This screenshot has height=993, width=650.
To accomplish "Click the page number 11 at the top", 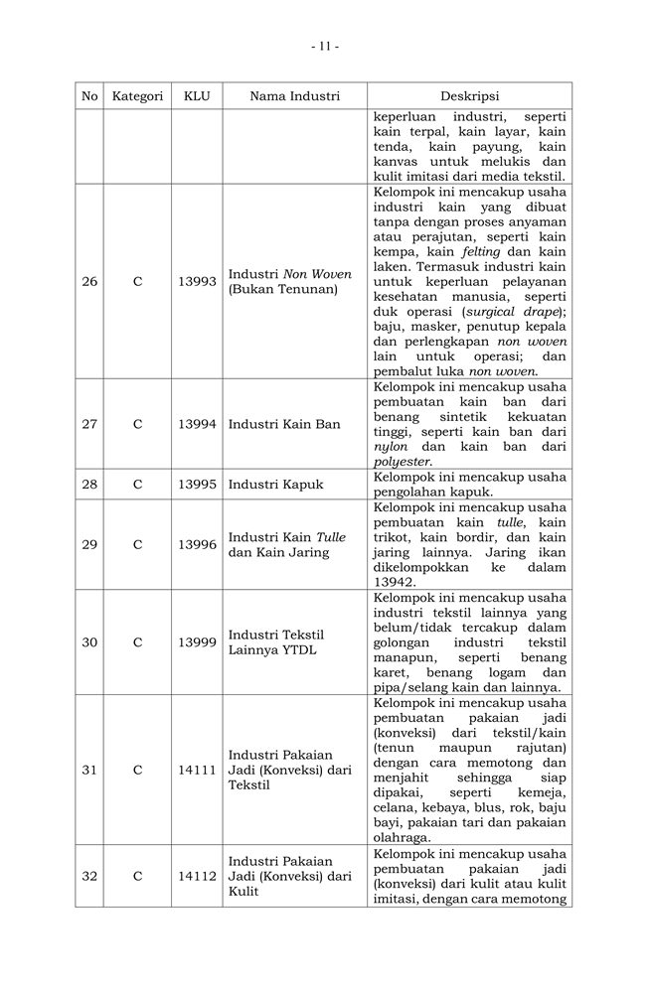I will coord(325,46).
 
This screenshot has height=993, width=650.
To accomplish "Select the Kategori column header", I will coord(137,96).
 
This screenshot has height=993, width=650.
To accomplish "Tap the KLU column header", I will coord(197,96).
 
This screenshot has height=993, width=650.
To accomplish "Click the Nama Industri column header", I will coord(294,96).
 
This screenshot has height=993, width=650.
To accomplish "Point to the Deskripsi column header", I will coord(469,96).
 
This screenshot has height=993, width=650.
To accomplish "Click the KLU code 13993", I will coord(197,281).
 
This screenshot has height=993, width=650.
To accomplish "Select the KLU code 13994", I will coord(197,424).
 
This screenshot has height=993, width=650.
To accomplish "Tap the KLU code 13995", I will coord(197,485).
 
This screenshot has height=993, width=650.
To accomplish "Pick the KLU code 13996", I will coord(197,544).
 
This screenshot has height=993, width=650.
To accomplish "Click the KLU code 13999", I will coord(197,642).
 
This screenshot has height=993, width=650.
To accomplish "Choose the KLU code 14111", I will coord(197,770).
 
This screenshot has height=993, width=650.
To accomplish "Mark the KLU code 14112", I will coord(197,876).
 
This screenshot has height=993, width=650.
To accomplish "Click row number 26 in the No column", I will coord(89,281).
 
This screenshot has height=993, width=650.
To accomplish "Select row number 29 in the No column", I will coord(89,544).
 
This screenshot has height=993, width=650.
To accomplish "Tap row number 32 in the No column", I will coord(89,876).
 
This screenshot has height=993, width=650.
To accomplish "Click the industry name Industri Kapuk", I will coord(275,485).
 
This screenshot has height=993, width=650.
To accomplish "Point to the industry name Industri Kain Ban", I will coord(284,424).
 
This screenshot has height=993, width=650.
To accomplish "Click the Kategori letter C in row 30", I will coord(137,642).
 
